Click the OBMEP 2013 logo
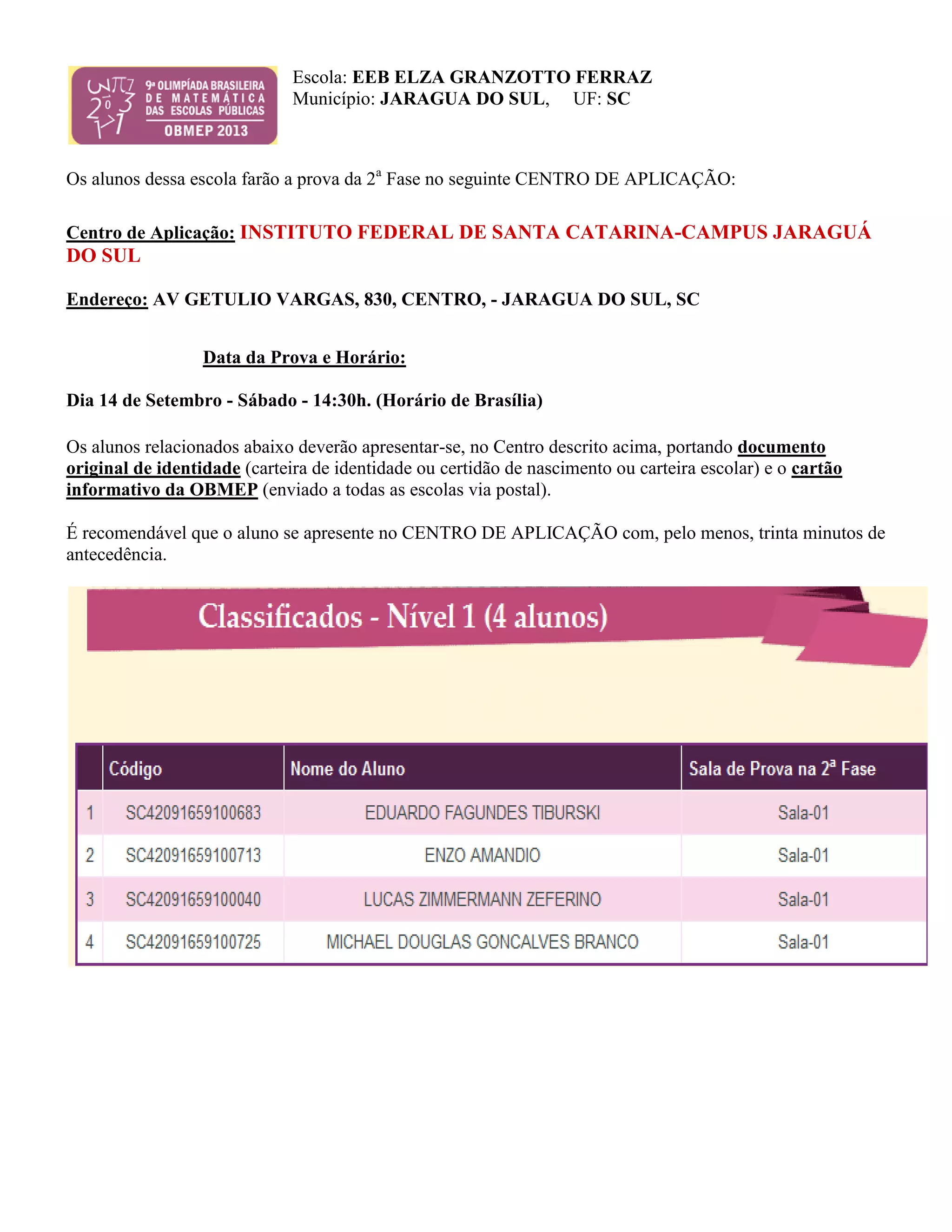coord(172,106)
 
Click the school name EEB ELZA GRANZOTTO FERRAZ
coord(502,77)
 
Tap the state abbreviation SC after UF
coord(618,99)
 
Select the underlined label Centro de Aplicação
coord(151,232)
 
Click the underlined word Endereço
coord(107,299)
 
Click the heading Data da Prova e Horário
coord(304,357)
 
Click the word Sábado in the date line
coord(267,400)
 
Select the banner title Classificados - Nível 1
coord(403,616)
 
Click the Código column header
coord(135,768)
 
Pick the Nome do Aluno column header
coord(347,768)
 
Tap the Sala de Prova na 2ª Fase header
coord(782,768)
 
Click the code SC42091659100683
coord(193,813)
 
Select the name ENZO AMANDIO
coord(482,855)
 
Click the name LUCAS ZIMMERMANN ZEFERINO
coord(482,899)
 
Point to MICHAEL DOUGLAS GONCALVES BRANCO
coord(482,941)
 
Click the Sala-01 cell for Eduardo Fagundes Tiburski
coord(803,813)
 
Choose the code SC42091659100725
coord(193,941)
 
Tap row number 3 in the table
coord(90,899)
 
